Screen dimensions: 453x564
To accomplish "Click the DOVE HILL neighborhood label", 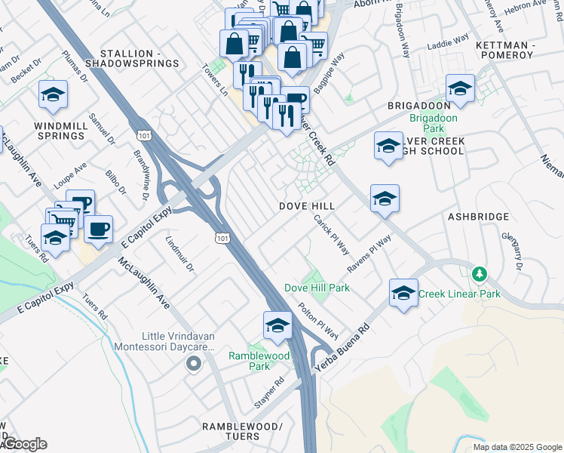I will (307, 206).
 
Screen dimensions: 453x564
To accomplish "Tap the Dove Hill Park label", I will (317, 288).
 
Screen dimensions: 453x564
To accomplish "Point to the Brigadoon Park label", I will (434, 124).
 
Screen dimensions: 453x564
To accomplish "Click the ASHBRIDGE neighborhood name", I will (478, 217).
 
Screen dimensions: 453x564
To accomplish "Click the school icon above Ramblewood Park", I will (277, 326).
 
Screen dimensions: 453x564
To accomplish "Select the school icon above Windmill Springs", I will (53, 94).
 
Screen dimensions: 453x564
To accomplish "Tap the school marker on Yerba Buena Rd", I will (404, 294).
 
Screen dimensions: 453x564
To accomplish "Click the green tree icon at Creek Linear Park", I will (477, 273).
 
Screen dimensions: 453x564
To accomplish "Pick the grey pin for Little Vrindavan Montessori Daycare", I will (194, 365).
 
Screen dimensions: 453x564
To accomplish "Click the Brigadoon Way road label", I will (405, 39).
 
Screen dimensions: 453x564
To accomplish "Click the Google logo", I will (24, 444).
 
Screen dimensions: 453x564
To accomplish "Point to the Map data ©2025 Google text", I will (517, 447).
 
